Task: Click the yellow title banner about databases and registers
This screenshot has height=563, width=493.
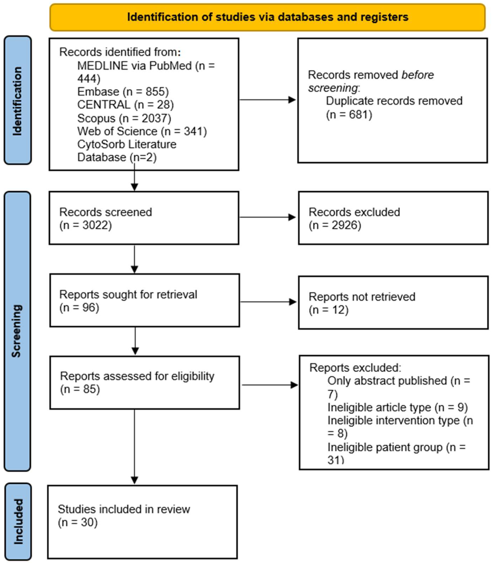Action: click(x=267, y=17)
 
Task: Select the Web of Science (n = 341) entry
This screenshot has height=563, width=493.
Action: click(x=142, y=131)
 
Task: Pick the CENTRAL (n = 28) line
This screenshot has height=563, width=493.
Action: click(x=126, y=105)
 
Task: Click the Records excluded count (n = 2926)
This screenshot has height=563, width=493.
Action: click(x=335, y=225)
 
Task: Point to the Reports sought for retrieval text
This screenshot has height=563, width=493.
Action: click(x=128, y=294)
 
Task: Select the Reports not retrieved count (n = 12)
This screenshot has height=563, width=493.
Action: click(x=328, y=310)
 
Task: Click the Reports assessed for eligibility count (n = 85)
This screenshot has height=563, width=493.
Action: click(x=80, y=389)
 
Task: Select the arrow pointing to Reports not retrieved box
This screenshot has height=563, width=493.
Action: click(x=268, y=302)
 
